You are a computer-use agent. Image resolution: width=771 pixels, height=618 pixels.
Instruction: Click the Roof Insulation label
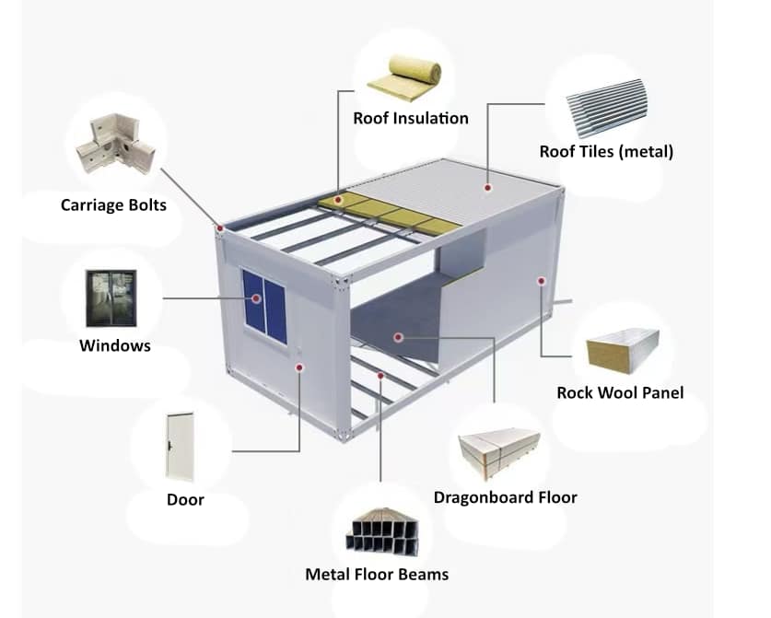[410, 118]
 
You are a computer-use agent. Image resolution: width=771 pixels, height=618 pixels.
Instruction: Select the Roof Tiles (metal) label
[606, 151]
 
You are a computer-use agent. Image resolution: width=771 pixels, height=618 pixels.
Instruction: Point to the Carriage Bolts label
[113, 204]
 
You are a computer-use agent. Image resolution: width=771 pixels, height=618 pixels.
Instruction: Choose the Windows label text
[114, 346]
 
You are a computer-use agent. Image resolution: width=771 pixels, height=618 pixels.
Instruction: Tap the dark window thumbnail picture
[111, 298]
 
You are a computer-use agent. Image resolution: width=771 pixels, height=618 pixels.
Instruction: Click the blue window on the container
[263, 299]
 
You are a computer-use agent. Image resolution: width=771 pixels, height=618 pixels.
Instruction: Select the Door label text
[185, 500]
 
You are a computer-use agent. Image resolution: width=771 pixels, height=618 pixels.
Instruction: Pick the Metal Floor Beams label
[377, 575]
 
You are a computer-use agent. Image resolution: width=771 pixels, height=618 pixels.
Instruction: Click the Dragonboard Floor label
[505, 497]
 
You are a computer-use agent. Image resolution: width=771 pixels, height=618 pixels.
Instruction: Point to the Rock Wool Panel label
[620, 392]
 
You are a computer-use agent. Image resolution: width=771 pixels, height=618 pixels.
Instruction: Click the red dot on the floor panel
[398, 337]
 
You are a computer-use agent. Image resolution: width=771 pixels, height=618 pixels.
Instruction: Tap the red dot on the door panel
[299, 367]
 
